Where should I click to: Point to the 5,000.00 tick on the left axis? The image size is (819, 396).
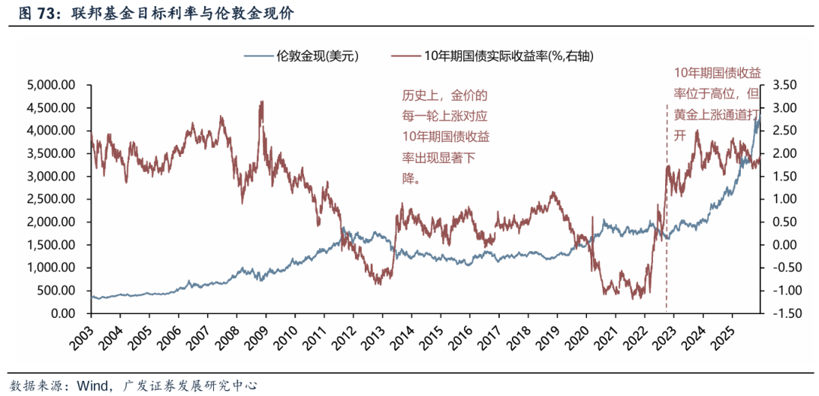(50, 84)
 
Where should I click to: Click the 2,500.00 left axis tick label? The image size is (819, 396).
(50, 199)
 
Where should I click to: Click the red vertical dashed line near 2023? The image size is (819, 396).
(667, 228)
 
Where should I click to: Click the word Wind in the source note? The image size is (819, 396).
(90, 385)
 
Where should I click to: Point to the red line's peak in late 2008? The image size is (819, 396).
(262, 102)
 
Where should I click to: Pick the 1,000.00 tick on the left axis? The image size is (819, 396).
(50, 268)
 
